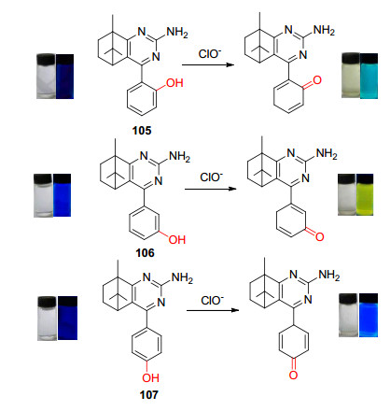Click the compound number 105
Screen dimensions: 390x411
pyautogui.click(x=142, y=131)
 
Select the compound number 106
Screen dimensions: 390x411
pyautogui.click(x=145, y=253)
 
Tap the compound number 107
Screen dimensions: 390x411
pyautogui.click(x=148, y=395)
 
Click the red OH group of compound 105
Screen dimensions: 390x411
pyautogui.click(x=174, y=83)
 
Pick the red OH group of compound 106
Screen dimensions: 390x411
pyautogui.click(x=177, y=239)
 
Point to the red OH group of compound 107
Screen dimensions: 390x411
pyautogui.click(x=150, y=378)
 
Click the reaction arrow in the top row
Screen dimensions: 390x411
pyautogui.click(x=208, y=64)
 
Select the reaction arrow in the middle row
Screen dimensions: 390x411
pyautogui.click(x=211, y=189)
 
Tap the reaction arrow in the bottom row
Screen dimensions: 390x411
pyautogui.click(x=213, y=310)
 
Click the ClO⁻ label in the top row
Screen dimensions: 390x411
pyautogui.click(x=210, y=53)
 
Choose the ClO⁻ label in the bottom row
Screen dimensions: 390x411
pyautogui.click(x=212, y=300)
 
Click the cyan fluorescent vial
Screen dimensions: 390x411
pyautogui.click(x=369, y=76)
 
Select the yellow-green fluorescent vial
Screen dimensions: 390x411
pyautogui.click(x=365, y=194)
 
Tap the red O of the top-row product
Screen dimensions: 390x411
pyautogui.click(x=317, y=80)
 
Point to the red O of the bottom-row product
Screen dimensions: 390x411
pyautogui.click(x=293, y=375)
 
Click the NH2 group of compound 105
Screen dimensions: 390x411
pyautogui.click(x=177, y=33)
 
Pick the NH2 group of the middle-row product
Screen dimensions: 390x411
pyautogui.click(x=327, y=154)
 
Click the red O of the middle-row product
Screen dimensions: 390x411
pyautogui.click(x=320, y=236)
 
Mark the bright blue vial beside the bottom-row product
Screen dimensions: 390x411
pyautogui.click(x=369, y=315)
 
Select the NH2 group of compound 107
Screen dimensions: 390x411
pyautogui.click(x=182, y=277)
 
